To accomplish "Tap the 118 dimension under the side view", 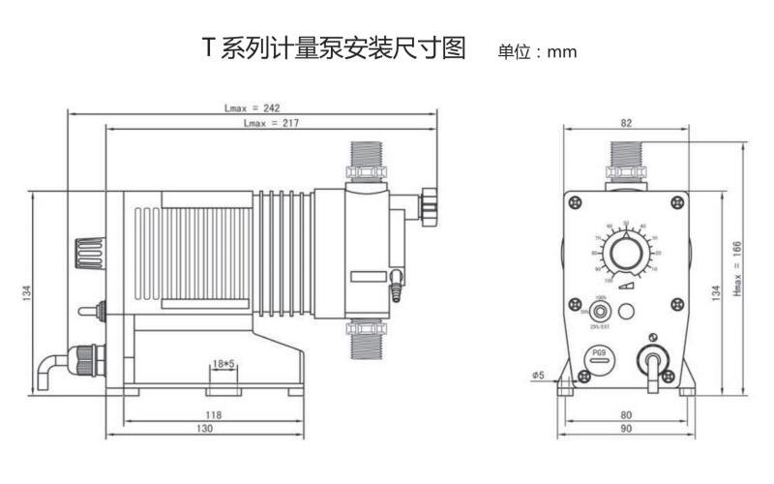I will tap(213, 413).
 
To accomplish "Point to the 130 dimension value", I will tap(205, 428).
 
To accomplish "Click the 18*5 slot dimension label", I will tap(223, 363).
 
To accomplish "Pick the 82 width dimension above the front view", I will tap(627, 123).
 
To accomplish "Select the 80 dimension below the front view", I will tap(626, 414).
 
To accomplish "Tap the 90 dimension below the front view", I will tap(626, 428).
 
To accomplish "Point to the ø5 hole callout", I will tap(538, 374).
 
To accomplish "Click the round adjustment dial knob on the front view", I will tap(627, 255).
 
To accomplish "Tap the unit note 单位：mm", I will tap(537, 51).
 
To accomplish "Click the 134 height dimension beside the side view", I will tap(26, 291).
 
